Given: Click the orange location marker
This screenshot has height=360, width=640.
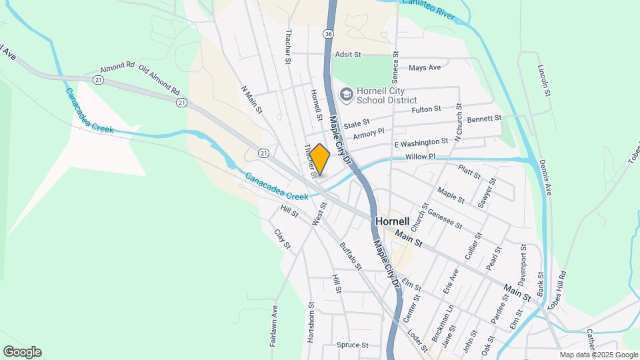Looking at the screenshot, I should (x=320, y=160).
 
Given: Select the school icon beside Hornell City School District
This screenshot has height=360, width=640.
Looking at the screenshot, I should (x=346, y=95).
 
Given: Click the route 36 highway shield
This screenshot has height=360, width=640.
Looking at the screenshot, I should (x=328, y=33).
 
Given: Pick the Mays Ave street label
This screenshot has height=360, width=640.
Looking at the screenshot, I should (x=425, y=68).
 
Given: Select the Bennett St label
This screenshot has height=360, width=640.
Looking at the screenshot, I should (x=484, y=119).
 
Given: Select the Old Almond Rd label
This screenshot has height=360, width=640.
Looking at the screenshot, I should (x=159, y=77).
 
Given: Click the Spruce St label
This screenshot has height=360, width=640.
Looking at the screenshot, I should (x=353, y=345).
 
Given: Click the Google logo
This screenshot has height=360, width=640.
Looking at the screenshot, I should (x=22, y=352).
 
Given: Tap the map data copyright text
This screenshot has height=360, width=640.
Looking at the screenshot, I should (x=597, y=355).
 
